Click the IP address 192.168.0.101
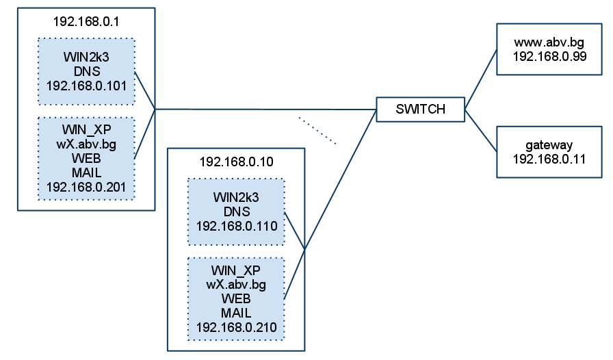click(x=86, y=86)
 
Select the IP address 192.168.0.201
click(x=86, y=186)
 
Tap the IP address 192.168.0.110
click(x=236, y=226)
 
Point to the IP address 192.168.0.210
click(x=236, y=327)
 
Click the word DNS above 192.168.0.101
click(x=86, y=72)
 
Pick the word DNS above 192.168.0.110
click(x=236, y=211)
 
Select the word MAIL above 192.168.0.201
click(x=86, y=172)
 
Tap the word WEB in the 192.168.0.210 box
click(x=236, y=299)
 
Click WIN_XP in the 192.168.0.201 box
click(x=86, y=129)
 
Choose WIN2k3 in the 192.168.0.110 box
click(x=236, y=197)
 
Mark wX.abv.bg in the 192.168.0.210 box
click(x=236, y=284)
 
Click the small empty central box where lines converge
click(x=420, y=110)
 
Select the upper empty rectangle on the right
click(x=549, y=49)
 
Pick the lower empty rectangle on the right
click(x=549, y=151)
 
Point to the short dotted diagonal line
click(x=317, y=131)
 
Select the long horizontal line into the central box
click(x=267, y=109)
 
